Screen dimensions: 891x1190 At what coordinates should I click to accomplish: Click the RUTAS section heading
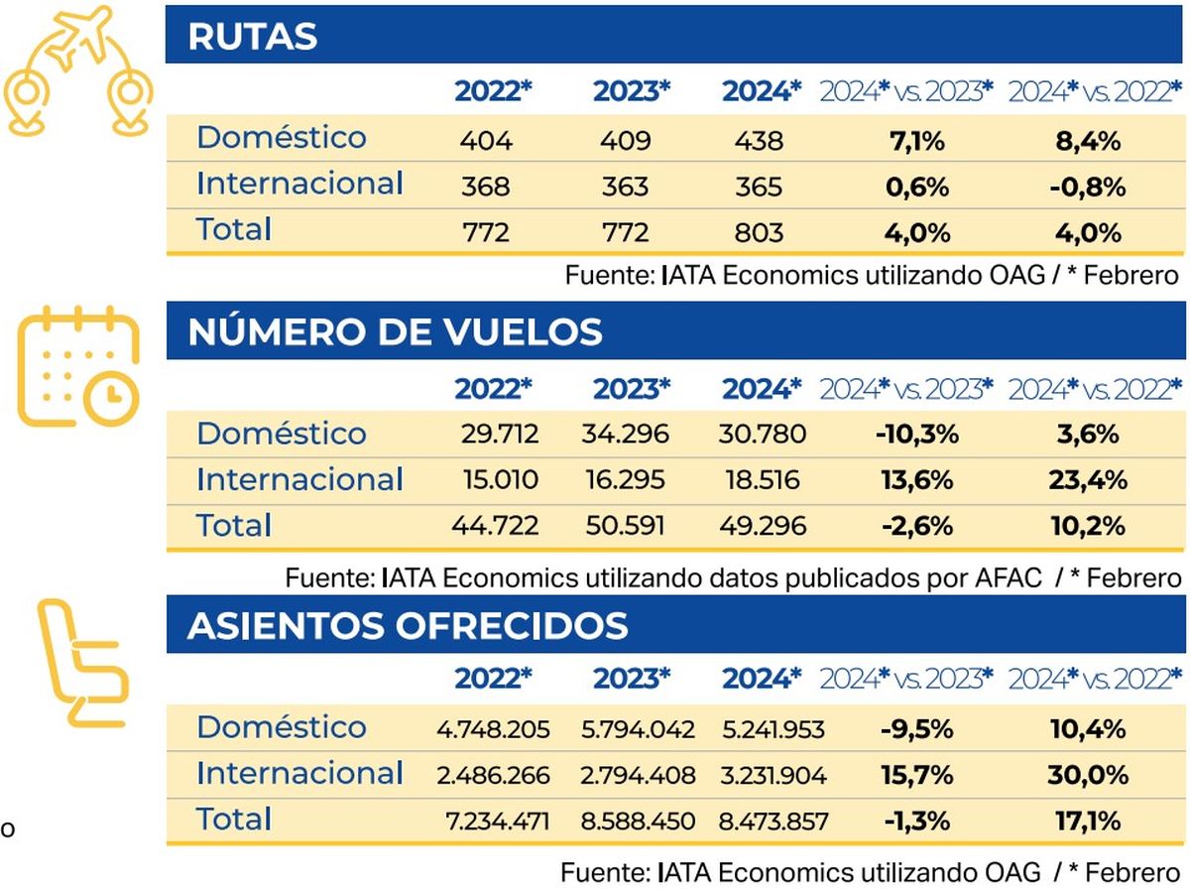[253, 37]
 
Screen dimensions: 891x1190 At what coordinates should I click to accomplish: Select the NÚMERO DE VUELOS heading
[395, 331]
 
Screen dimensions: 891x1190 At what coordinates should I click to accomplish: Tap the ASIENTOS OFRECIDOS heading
[408, 626]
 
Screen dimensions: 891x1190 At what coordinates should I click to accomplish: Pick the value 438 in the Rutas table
[761, 141]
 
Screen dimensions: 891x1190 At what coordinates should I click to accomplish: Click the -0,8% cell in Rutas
[1088, 188]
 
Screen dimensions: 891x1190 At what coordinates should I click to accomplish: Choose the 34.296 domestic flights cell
[626, 435]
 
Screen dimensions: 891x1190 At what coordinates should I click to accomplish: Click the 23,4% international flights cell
[1088, 480]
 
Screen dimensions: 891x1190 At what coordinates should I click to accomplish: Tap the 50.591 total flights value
[626, 526]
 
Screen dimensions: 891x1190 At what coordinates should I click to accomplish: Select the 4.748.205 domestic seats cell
[493, 729]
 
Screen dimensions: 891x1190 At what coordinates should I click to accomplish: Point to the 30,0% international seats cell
[1088, 775]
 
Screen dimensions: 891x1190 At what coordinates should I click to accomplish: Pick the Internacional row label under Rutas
[299, 185]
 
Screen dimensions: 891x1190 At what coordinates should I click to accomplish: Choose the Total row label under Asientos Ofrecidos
[234, 820]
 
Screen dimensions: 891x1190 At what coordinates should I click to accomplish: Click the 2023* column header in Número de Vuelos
[632, 389]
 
